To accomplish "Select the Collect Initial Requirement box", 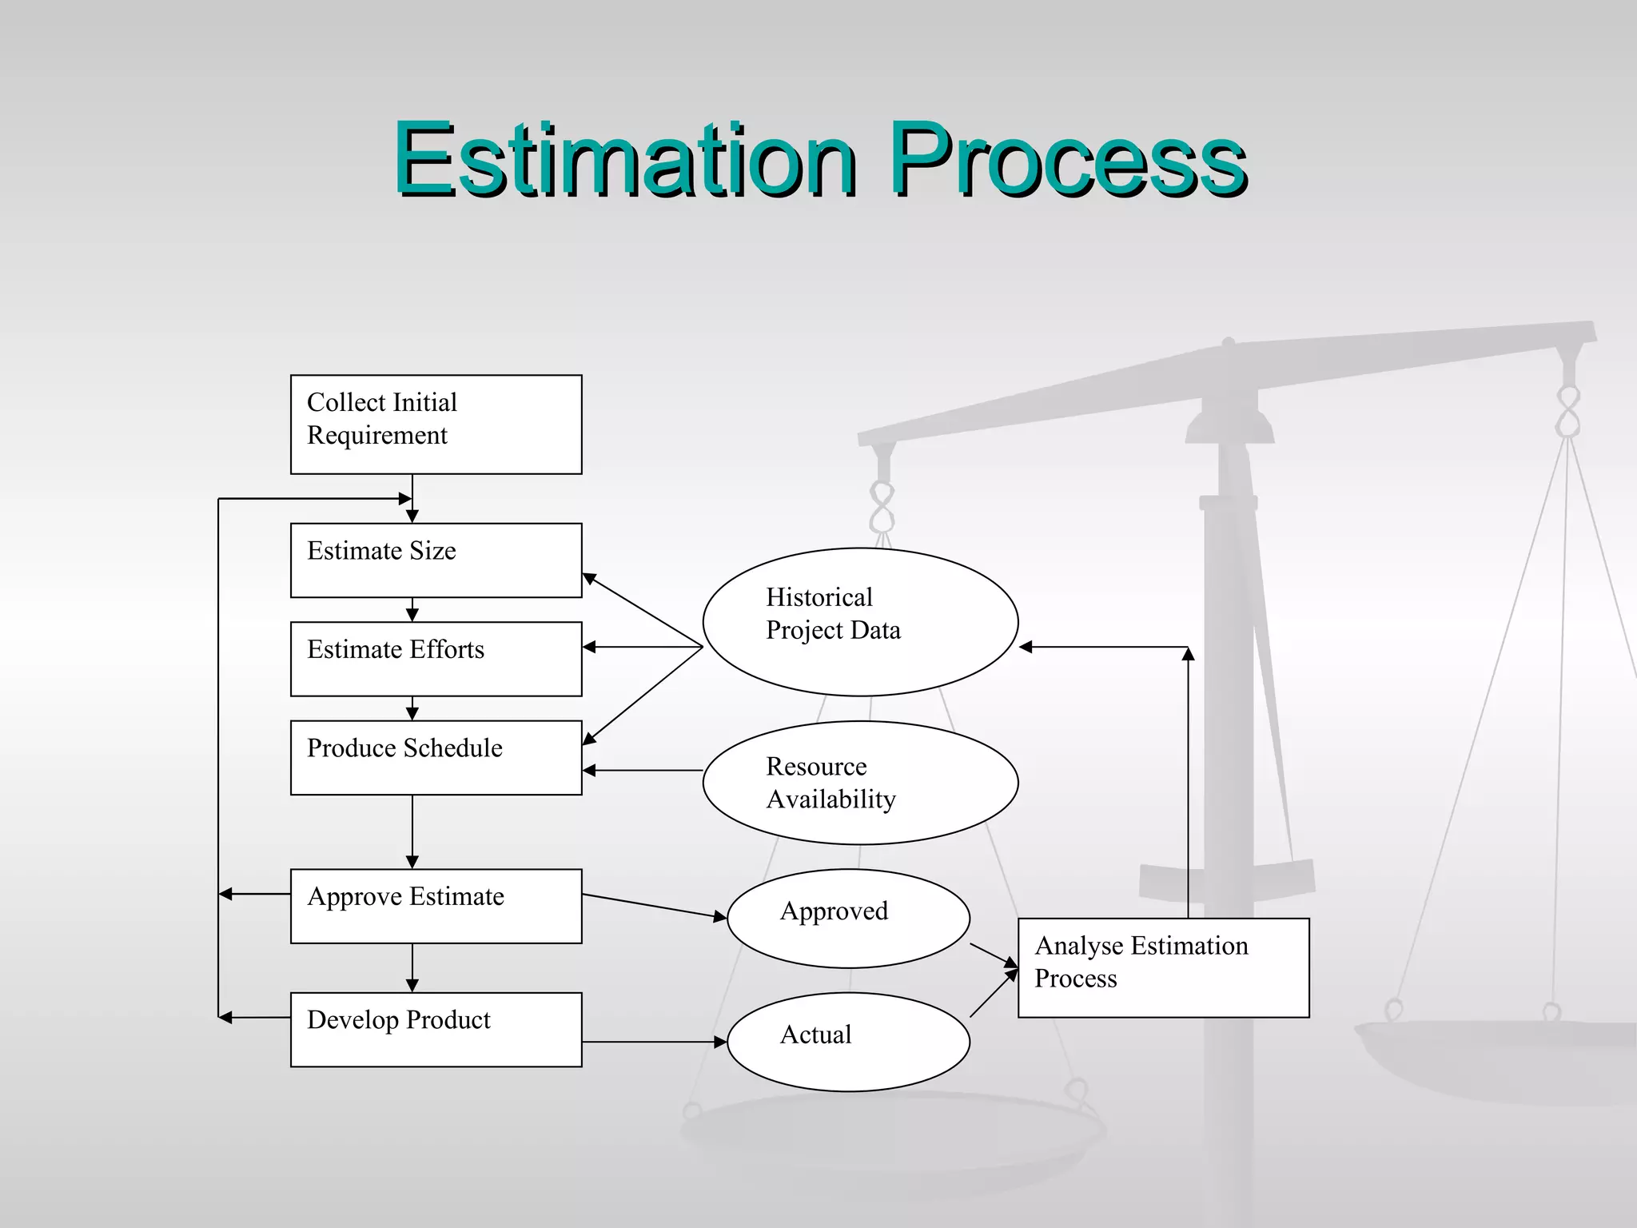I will click(x=436, y=425).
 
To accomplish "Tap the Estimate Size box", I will click(x=436, y=560).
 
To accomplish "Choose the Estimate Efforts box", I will click(x=436, y=659).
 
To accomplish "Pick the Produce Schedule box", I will click(x=436, y=758).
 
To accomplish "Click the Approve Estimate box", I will click(x=436, y=906).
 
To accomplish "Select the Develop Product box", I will click(x=436, y=1029).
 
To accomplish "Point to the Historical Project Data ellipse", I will click(x=860, y=622).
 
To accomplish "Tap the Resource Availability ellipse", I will click(x=860, y=783).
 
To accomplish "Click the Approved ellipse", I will click(x=848, y=919).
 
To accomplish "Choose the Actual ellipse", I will click(x=848, y=1042).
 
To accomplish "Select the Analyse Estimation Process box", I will click(x=1163, y=967).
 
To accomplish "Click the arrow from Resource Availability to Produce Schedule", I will click(x=643, y=770).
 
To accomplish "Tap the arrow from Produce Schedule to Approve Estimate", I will click(x=412, y=831).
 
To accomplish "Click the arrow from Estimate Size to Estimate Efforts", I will click(x=412, y=609).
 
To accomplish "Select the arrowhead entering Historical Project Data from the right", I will click(x=1026, y=647).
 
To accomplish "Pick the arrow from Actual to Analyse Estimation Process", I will click(x=994, y=994).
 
